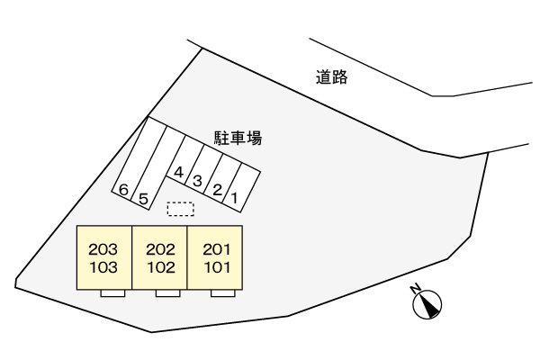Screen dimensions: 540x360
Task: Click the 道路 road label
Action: click(331, 77)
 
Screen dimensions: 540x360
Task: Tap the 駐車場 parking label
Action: click(238, 138)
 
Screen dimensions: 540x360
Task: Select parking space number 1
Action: click(241, 188)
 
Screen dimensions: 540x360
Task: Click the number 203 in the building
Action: click(103, 249)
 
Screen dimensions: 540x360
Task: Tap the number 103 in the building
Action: click(103, 267)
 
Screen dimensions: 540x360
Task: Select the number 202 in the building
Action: click(160, 249)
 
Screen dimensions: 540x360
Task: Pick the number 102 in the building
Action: click(161, 267)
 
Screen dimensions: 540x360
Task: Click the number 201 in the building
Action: click(217, 249)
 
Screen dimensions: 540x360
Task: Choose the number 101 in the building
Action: click(217, 267)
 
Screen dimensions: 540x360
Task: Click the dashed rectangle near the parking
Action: click(181, 209)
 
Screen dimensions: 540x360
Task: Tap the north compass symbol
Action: click(427, 304)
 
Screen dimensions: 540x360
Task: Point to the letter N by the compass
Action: click(416, 289)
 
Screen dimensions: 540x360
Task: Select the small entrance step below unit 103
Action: click(112, 293)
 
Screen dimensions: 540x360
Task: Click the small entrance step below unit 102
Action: click(167, 293)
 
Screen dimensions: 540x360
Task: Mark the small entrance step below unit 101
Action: click(223, 293)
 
